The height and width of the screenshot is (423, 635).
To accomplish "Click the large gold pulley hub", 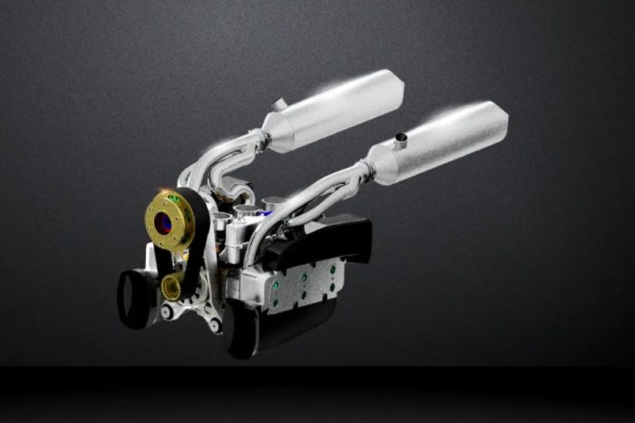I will [x=170, y=220].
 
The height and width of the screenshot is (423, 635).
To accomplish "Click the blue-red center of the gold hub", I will [x=164, y=222].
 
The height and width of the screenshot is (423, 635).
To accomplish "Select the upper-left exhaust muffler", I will [x=334, y=111].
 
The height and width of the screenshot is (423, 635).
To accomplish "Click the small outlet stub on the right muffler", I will [x=399, y=139].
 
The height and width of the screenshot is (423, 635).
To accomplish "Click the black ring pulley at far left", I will [x=136, y=296].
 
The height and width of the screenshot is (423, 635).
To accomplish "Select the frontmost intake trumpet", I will [x=221, y=220].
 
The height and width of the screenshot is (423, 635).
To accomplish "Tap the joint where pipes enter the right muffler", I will [x=367, y=169].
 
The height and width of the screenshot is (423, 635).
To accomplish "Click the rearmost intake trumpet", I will [x=272, y=203].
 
